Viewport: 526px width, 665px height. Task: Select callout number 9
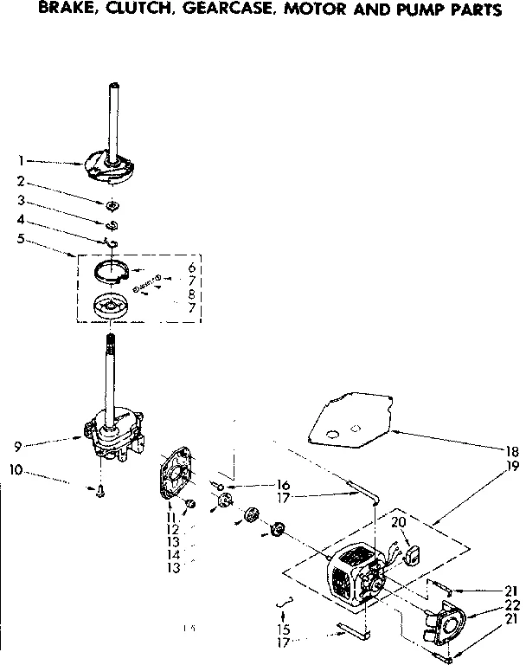click(x=18, y=446)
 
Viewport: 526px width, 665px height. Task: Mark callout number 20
click(x=398, y=521)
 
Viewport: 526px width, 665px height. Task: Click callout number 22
click(x=510, y=604)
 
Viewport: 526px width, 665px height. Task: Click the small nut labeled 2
click(x=113, y=205)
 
